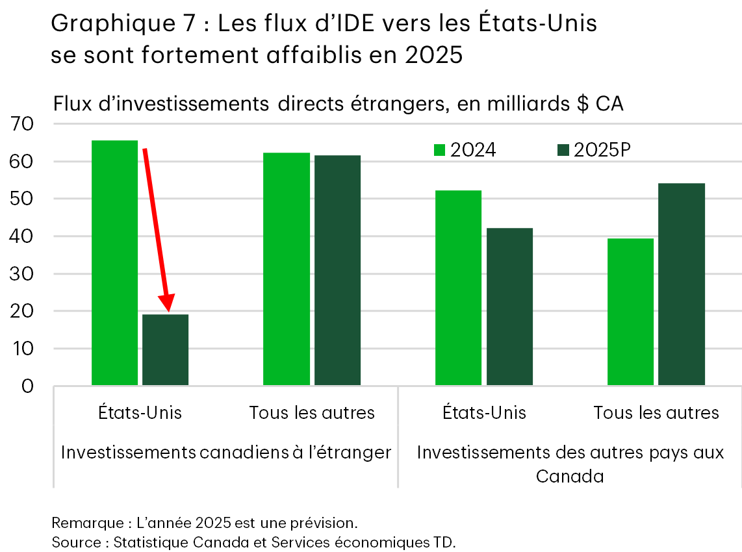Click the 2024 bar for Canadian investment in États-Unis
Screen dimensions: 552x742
click(x=114, y=262)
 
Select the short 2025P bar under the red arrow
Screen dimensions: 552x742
click(x=166, y=350)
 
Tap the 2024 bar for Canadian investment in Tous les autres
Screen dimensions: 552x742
click(x=287, y=269)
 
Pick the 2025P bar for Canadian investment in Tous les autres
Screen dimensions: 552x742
click(x=337, y=270)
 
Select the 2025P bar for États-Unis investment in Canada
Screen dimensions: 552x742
click(x=509, y=307)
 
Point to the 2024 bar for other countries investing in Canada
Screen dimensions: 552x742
click(x=630, y=312)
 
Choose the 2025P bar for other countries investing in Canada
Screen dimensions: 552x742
click(x=681, y=284)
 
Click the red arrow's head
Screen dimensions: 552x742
click(x=168, y=303)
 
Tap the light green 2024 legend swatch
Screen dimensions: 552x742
click(x=440, y=151)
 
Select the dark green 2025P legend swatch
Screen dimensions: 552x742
click(x=563, y=151)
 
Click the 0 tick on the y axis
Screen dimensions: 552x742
click(x=28, y=386)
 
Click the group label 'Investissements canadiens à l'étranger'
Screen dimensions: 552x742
click(x=225, y=453)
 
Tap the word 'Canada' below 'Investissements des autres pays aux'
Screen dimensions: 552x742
click(x=570, y=477)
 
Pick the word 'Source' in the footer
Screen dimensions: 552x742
click(x=72, y=542)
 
